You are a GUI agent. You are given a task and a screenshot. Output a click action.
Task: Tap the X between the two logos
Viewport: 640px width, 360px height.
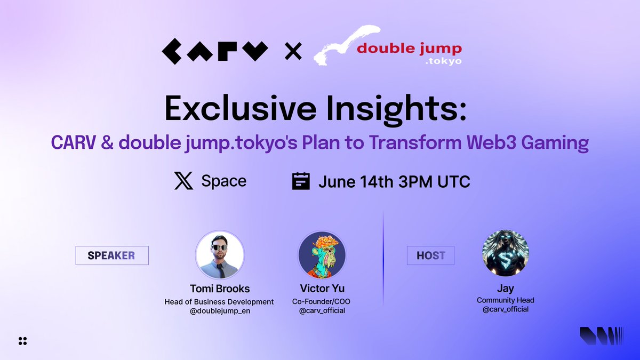[x=293, y=52]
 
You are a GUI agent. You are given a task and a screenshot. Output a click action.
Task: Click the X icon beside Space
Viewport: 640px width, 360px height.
[x=183, y=181]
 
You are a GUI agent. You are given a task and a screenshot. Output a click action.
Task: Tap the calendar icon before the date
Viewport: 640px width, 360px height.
[x=301, y=181]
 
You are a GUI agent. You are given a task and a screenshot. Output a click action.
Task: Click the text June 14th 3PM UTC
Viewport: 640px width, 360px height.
[x=394, y=181]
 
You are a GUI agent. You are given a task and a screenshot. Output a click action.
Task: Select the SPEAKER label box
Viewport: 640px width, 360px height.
[x=111, y=255]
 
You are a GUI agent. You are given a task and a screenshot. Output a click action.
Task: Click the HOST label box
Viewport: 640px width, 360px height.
[x=430, y=255]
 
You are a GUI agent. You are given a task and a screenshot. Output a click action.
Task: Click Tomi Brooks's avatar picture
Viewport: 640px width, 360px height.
[x=220, y=255]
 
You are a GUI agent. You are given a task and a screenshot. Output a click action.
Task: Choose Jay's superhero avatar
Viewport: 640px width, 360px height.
[x=505, y=253]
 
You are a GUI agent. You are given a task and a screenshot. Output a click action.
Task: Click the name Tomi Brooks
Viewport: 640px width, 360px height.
[x=219, y=289]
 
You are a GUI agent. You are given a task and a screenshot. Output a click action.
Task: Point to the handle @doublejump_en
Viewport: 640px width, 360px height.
[x=219, y=311]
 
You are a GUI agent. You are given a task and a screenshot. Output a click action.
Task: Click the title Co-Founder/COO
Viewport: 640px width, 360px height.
[x=322, y=301]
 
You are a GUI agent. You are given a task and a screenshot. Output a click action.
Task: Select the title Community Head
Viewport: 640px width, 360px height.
[x=505, y=300]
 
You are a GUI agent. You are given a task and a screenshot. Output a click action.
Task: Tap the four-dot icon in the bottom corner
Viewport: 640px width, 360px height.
[x=22, y=341]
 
